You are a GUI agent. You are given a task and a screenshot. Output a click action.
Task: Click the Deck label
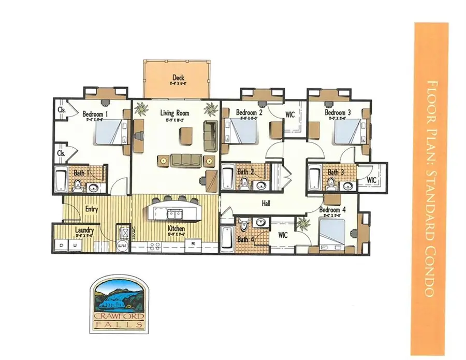tap(179, 78)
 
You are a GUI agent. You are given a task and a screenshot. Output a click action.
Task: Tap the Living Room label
tap(174, 113)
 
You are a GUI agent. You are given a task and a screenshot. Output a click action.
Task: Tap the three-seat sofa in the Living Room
tap(185, 160)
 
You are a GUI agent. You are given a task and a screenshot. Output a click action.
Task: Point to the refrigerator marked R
tap(193, 242)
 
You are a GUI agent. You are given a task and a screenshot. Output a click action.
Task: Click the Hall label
tap(267, 204)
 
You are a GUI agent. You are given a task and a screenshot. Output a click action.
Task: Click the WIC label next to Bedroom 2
tap(290, 114)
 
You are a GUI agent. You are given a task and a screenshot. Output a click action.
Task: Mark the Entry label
tap(92, 209)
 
